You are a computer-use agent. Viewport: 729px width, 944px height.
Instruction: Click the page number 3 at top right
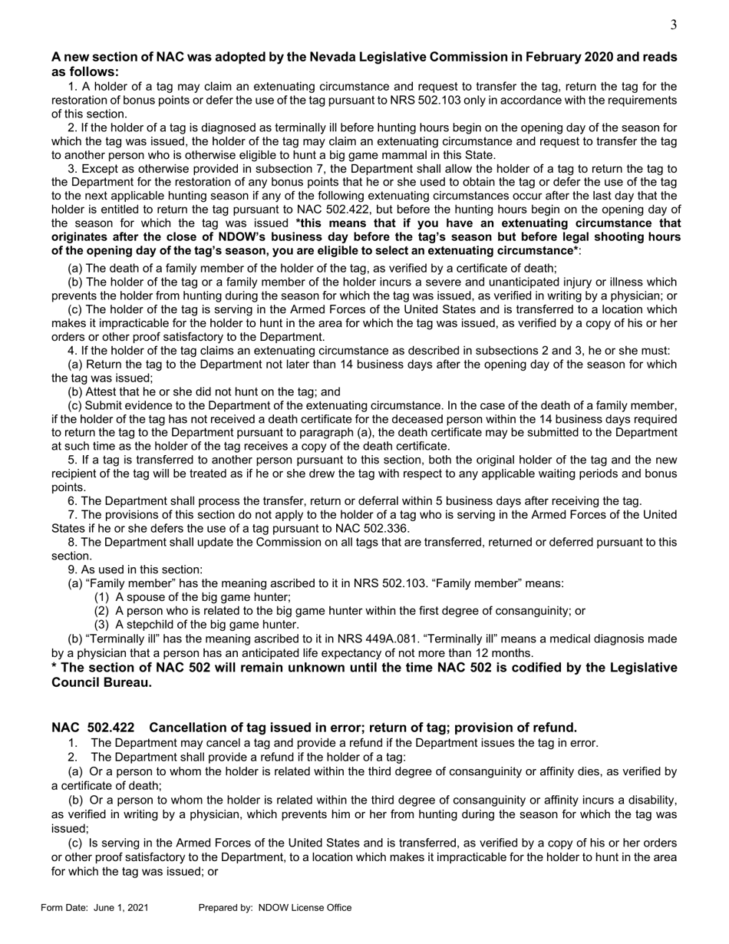pos(673,25)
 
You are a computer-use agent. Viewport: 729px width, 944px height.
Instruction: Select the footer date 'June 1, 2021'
pos(121,908)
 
